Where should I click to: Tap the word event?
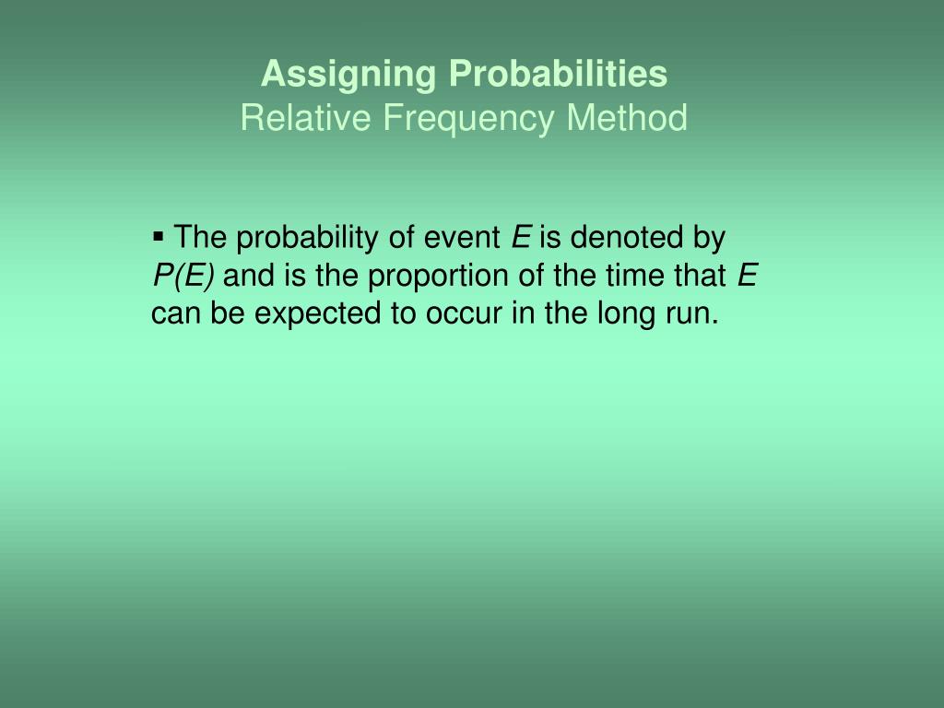point(462,239)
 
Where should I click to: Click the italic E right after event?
point(521,238)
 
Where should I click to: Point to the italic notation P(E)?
point(183,276)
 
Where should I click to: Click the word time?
point(640,276)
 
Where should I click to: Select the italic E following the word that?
point(748,276)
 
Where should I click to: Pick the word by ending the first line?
point(710,239)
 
